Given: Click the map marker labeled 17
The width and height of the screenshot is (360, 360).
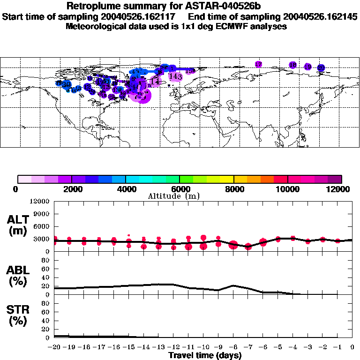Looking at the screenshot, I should pos(258,64).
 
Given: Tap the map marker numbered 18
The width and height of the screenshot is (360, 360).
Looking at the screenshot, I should pos(293,65).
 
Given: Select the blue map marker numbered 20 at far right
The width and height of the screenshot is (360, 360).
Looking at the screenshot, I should pos(321,68).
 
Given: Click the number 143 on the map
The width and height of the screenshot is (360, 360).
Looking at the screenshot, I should pos(175,76).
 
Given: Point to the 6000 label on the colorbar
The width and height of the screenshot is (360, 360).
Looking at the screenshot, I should pos(180,189).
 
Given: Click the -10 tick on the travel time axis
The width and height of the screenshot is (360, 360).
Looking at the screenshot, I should pos(203,347).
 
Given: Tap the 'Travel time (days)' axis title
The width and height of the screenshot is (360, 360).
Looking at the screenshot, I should pos(204,356).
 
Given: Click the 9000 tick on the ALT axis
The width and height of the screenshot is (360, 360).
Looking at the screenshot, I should pos(40,214).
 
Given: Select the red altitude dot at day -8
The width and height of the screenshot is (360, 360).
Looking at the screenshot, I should pos(233,245).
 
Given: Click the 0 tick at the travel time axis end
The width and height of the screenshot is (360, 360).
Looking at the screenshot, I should pos(352,347).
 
